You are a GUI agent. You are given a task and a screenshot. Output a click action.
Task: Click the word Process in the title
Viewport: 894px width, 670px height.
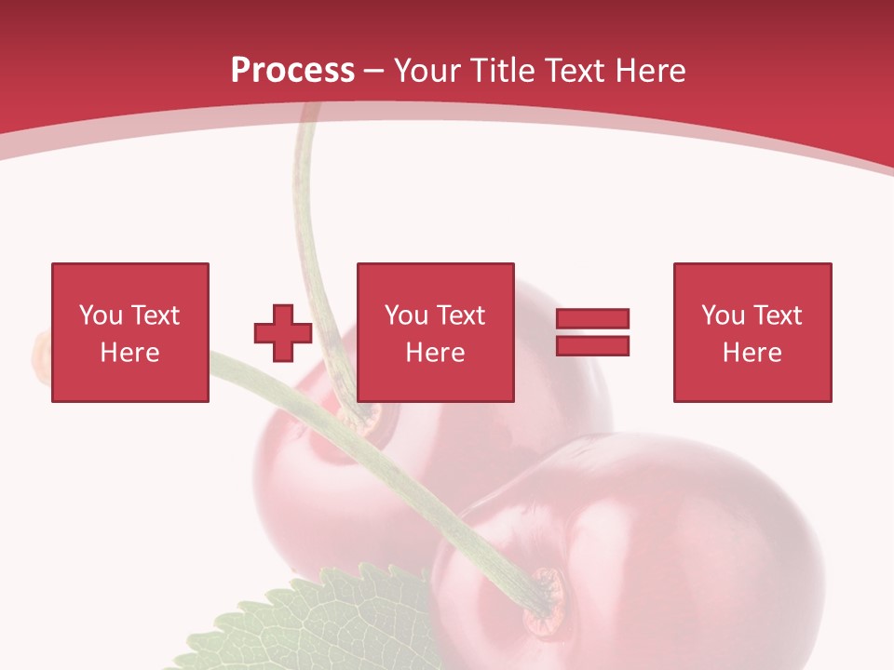click(x=292, y=71)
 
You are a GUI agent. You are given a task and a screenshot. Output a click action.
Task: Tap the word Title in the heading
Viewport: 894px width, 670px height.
click(x=500, y=71)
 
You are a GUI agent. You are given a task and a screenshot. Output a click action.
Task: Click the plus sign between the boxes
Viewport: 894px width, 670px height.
click(x=283, y=333)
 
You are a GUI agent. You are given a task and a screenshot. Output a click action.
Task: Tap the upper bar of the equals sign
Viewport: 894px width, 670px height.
click(x=592, y=319)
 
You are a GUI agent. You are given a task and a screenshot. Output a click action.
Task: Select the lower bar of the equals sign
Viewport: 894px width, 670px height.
click(x=592, y=345)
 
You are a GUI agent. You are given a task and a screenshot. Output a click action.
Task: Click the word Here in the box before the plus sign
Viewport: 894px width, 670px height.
click(x=129, y=353)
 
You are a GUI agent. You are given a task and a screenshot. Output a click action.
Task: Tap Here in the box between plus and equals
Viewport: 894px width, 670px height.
click(x=435, y=353)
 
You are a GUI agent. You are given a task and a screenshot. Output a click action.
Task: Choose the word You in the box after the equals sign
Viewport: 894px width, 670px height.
click(x=723, y=315)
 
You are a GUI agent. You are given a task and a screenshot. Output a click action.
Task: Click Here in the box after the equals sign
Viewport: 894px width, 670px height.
click(x=752, y=353)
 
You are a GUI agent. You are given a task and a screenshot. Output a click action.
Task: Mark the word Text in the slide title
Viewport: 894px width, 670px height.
click(x=577, y=71)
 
